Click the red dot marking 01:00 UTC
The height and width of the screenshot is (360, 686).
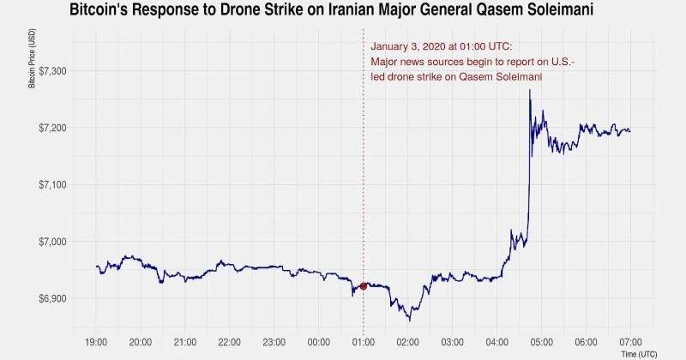click(364, 286)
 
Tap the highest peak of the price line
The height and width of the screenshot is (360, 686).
click(530, 90)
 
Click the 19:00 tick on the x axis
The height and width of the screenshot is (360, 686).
click(97, 342)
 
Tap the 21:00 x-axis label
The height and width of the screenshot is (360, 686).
click(185, 342)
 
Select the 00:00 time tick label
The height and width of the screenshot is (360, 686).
click(319, 342)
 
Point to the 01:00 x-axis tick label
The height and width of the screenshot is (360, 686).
click(364, 342)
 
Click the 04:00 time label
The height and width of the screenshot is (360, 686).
click(496, 342)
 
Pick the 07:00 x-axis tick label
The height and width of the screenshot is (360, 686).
click(630, 342)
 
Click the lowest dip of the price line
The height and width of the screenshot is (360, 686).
click(409, 321)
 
